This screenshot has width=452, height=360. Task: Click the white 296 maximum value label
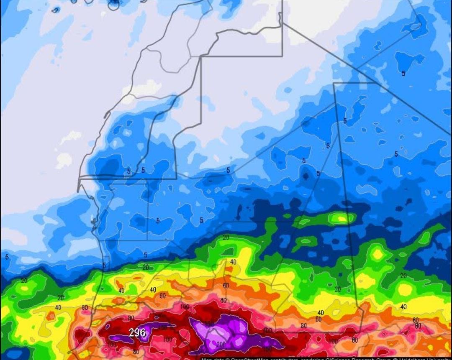tap(137, 333)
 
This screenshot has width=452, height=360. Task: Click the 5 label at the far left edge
tap(7, 257)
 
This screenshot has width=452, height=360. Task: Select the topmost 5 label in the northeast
tap(403, 73)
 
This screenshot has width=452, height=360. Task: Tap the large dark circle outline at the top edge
tap(114, 5)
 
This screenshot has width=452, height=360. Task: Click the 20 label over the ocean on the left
tap(24, 281)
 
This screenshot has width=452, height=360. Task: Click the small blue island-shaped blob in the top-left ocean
tap(56, 10)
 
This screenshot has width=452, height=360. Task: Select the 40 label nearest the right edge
tap(403, 307)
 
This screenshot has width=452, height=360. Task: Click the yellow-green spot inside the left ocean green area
tap(24, 289)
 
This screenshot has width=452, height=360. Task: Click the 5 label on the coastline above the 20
tap(104, 265)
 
